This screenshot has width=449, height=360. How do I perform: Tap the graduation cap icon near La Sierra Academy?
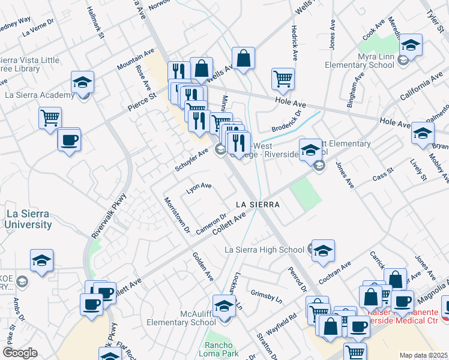(x=83, y=83)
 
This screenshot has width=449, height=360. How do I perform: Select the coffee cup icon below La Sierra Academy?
(x=69, y=140)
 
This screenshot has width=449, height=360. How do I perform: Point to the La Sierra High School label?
(x=264, y=250)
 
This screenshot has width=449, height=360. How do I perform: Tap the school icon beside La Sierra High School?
(x=323, y=251)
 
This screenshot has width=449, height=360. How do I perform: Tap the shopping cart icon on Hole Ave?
(x=283, y=79)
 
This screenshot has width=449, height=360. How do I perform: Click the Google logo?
(x=20, y=353)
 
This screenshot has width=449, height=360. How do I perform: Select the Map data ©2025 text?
(x=423, y=355)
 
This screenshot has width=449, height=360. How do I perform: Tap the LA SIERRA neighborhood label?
(x=258, y=205)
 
